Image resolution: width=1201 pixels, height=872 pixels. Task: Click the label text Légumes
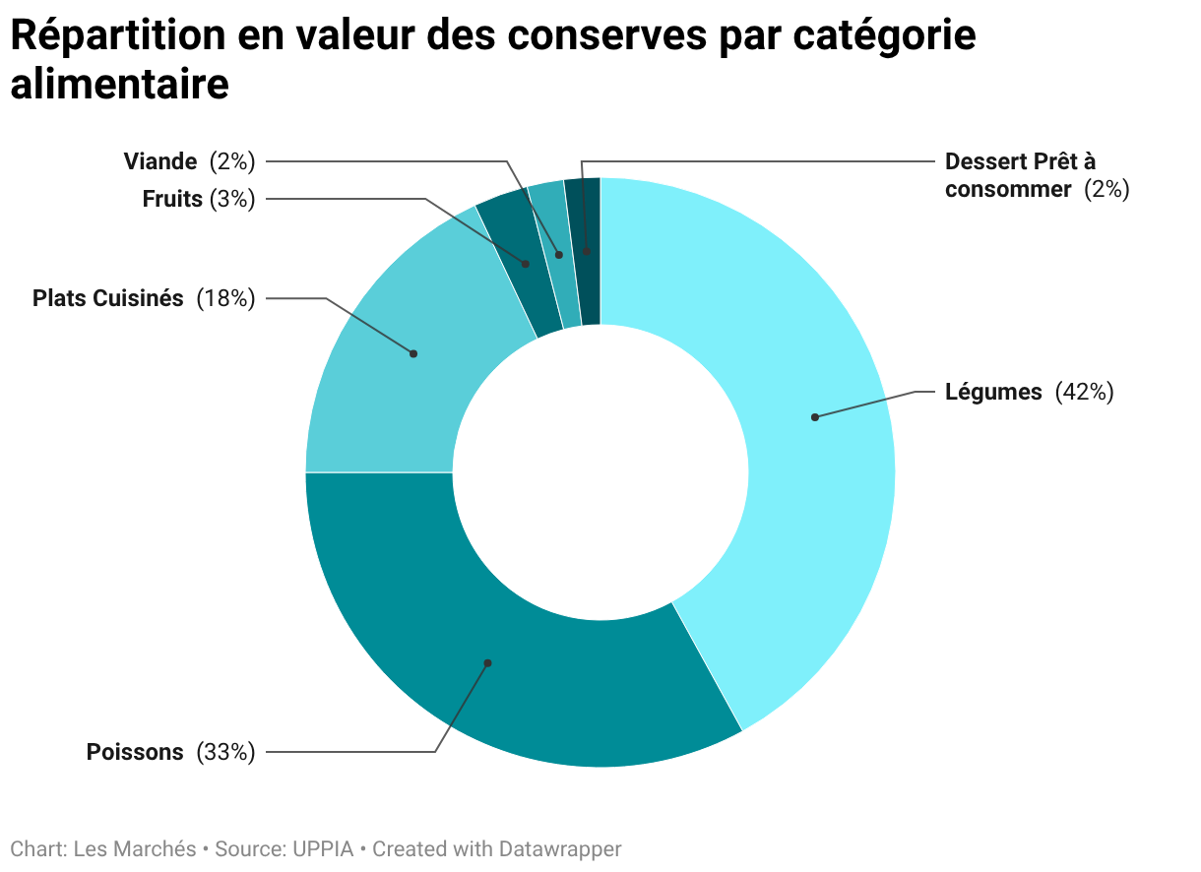pyautogui.click(x=993, y=392)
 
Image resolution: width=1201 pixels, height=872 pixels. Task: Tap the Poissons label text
pyautogui.click(x=135, y=752)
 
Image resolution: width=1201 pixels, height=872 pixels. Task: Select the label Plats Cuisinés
pyautogui.click(x=108, y=298)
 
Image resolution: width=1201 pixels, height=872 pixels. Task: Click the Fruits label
pyautogui.click(x=172, y=199)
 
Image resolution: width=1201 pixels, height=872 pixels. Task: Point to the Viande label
pyautogui.click(x=160, y=160)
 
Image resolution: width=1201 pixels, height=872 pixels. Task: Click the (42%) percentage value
pyautogui.click(x=1084, y=392)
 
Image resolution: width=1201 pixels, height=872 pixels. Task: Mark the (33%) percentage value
pyautogui.click(x=225, y=752)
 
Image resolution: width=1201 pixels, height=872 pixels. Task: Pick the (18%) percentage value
pyautogui.click(x=225, y=298)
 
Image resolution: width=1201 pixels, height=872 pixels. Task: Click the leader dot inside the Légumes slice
pyautogui.click(x=815, y=417)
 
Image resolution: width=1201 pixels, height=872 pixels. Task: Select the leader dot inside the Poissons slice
pyautogui.click(x=487, y=663)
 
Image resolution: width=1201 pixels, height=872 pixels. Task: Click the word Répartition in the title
pyautogui.click(x=115, y=36)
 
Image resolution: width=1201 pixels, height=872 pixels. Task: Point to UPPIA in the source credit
pyautogui.click(x=316, y=848)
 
